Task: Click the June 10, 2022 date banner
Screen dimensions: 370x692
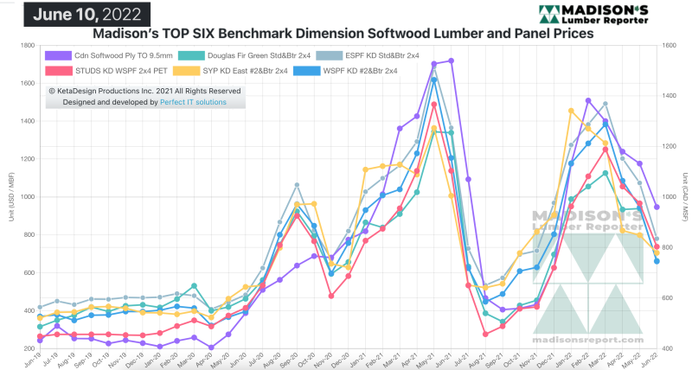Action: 75,13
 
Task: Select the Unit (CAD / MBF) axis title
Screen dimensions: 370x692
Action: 685,197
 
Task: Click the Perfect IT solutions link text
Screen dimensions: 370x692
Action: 193,102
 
